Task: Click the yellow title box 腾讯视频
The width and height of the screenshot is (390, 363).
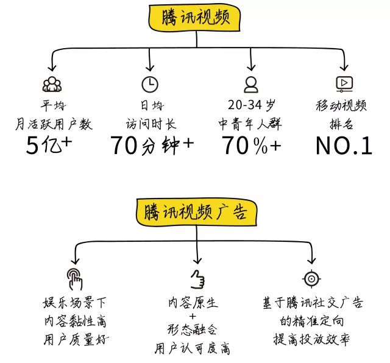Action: pos(194,18)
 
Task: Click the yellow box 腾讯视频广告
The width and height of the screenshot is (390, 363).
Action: pos(196,212)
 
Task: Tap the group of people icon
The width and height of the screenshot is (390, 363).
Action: pos(52,84)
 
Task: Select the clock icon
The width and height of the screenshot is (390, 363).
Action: pos(150,84)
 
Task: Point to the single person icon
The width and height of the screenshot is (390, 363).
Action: pos(251,85)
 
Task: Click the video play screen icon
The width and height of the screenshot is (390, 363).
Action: pos(344,84)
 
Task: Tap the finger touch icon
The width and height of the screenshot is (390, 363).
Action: pos(74,279)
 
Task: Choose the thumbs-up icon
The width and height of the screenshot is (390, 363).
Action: pos(197,280)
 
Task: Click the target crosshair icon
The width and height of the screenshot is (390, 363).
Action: pos(311,278)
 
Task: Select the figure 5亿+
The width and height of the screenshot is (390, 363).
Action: pos(49,145)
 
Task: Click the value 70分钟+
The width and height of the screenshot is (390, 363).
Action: pos(152,145)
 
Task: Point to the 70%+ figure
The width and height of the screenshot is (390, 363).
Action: pos(252,145)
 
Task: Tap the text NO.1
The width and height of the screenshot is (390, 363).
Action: pos(344,146)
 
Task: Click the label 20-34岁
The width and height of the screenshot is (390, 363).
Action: pos(252,105)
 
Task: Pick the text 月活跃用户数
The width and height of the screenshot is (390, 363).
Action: pos(54,124)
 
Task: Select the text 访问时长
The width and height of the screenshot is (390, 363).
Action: pos(151,124)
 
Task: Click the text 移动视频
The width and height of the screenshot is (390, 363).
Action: pos(341,105)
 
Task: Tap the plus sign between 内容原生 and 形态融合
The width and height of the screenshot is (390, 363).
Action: pos(193,316)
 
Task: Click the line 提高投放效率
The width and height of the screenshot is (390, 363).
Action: pos(311,339)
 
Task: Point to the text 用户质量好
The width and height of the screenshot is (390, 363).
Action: pos(76,340)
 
